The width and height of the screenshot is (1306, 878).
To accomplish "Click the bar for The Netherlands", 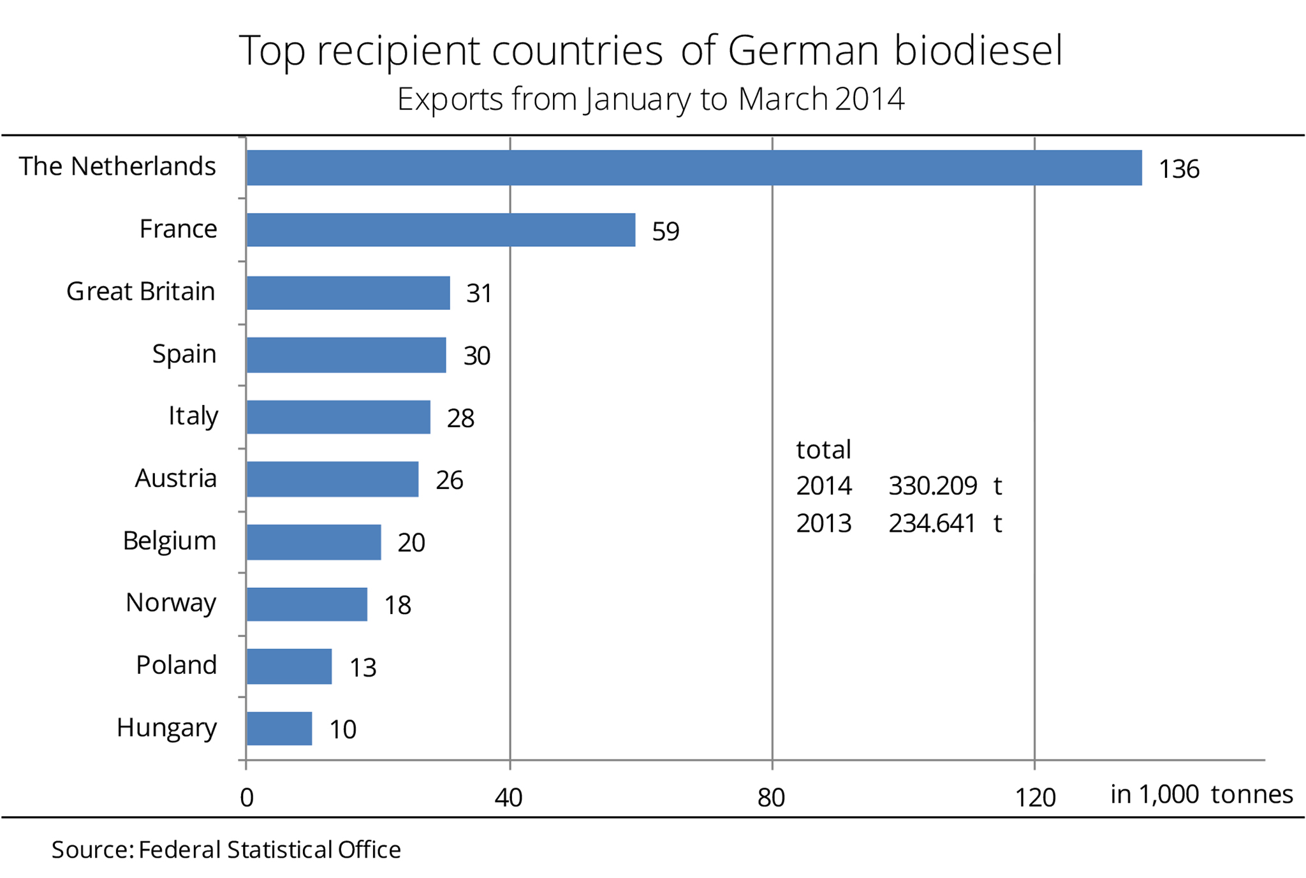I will (694, 168).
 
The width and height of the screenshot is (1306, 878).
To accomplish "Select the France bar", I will (441, 230).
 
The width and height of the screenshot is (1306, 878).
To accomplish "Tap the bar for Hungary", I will (279, 728).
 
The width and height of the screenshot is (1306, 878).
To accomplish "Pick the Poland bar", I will (289, 666).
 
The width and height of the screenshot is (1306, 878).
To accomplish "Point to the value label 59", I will (665, 231).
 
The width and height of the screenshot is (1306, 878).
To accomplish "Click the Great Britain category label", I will (141, 292).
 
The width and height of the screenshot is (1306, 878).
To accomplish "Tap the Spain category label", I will (184, 354).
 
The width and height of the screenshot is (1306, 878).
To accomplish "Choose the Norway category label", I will (171, 603).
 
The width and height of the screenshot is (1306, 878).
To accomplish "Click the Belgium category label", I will (169, 541).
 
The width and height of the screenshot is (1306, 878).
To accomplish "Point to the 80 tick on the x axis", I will (771, 798).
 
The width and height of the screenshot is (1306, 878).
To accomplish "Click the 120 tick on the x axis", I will (1035, 798).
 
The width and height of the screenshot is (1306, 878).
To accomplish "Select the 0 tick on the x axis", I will (247, 798).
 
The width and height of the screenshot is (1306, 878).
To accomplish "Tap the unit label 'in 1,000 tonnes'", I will (1201, 794).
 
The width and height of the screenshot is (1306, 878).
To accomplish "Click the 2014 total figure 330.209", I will (932, 487).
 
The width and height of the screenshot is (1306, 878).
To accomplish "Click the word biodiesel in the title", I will (978, 50).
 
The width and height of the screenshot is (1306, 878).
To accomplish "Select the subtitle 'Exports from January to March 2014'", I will (650, 99).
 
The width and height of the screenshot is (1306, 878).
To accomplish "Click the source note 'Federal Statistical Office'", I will (270, 850).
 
